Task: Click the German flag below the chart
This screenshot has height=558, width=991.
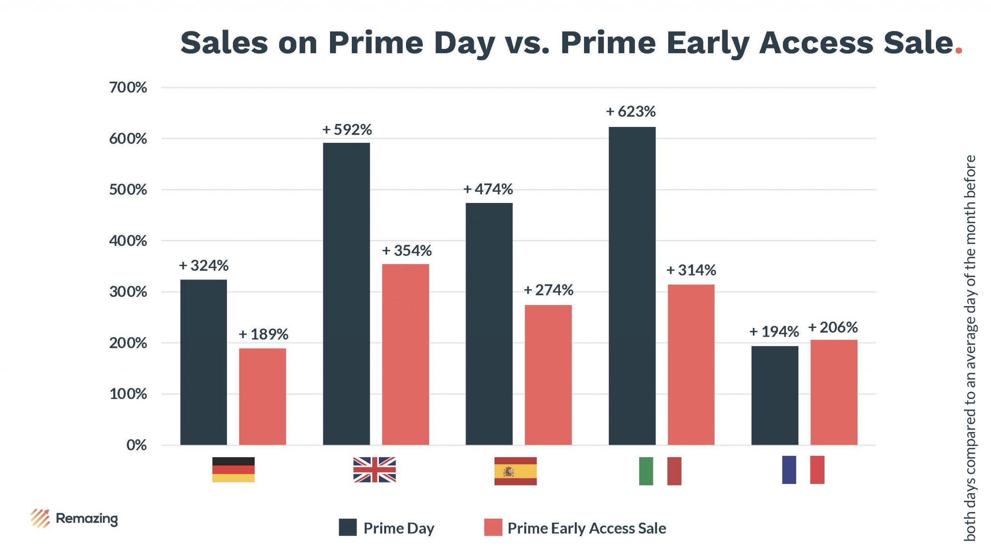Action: [233, 469]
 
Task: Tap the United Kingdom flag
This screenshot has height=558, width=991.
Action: [374, 469]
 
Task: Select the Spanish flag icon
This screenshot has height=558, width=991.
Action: [515, 471]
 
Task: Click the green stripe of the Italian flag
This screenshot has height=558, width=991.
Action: [646, 471]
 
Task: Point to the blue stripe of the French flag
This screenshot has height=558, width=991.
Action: [789, 469]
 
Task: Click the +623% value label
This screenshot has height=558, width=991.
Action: [631, 112]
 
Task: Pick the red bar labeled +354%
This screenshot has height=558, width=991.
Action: [405, 354]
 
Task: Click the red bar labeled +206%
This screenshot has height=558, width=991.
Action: [834, 392]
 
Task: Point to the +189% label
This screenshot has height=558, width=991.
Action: [263, 334]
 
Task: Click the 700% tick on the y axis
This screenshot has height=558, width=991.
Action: [128, 88]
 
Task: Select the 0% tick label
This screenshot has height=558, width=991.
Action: [136, 445]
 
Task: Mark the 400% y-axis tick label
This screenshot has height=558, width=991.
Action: [128, 241]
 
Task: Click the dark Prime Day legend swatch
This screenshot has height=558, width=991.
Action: [347, 527]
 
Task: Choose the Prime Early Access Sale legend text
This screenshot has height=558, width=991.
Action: [586, 528]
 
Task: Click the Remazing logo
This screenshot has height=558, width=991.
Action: [74, 518]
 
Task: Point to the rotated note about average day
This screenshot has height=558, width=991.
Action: [970, 348]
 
